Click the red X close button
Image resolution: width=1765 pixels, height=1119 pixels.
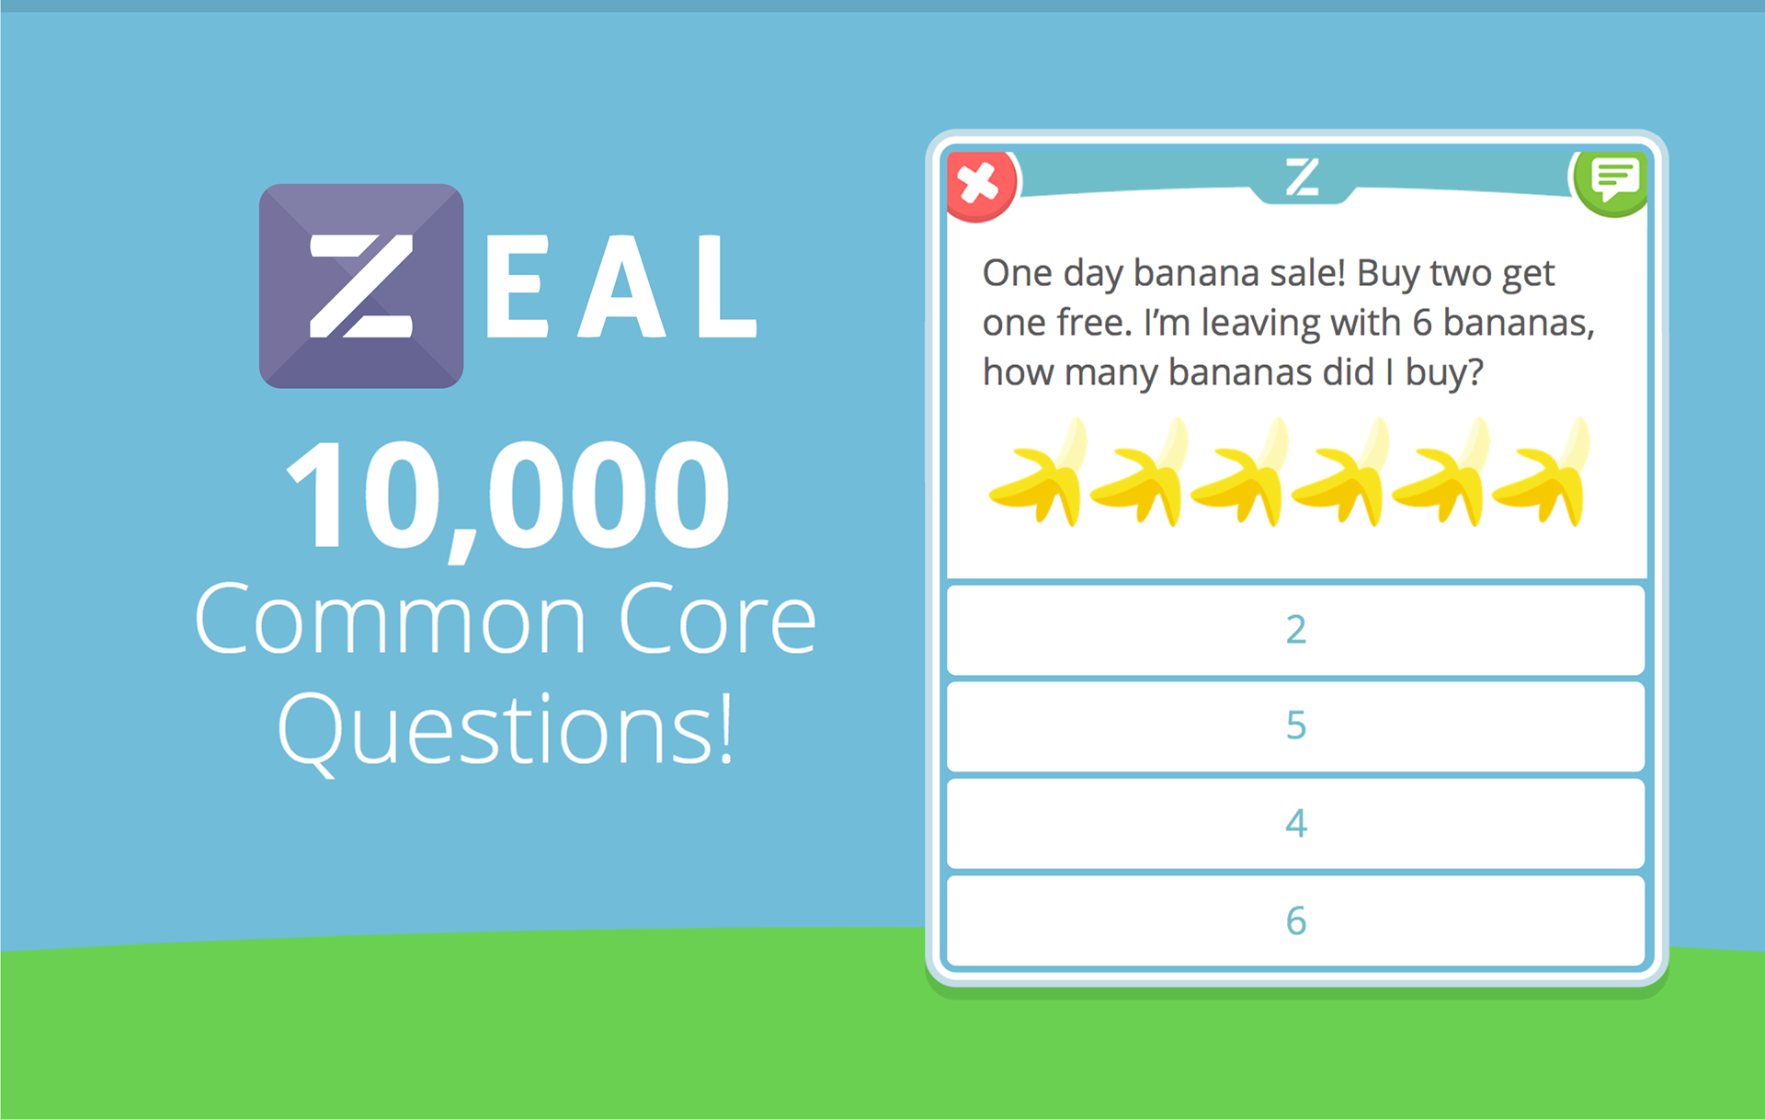click(x=981, y=185)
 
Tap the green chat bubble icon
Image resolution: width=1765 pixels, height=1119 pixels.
click(x=1611, y=182)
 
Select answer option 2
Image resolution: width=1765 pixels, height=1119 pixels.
click(x=1295, y=630)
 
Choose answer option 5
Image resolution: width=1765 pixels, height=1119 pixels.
click(x=1295, y=726)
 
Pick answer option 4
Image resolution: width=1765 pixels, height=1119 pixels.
click(x=1295, y=824)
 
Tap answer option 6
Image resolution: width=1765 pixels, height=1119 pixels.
click(x=1295, y=920)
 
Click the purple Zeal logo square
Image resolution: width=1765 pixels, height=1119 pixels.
click(x=361, y=286)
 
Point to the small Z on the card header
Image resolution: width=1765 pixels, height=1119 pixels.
click(x=1302, y=177)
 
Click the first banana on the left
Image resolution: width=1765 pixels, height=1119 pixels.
click(x=1037, y=473)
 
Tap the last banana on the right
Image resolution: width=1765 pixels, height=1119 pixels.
click(x=1542, y=473)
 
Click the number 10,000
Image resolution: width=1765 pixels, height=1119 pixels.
click(x=508, y=497)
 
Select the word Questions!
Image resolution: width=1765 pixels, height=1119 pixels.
click(x=507, y=730)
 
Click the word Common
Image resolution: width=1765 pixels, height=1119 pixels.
click(x=391, y=621)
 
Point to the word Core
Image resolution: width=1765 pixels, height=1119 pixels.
click(x=717, y=621)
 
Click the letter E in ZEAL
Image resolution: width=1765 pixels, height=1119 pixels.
click(x=517, y=286)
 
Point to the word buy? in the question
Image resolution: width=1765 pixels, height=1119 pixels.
click(x=1444, y=372)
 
